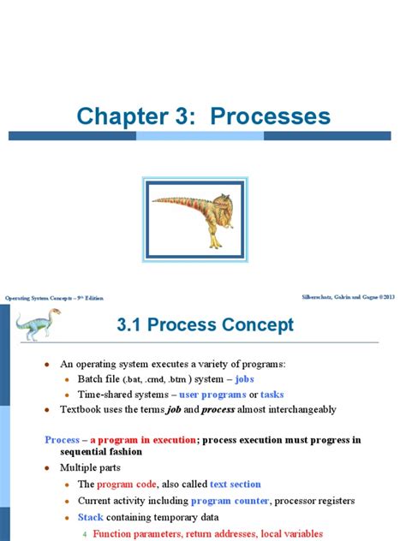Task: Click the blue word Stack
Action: click(x=91, y=517)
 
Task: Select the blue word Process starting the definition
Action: click(x=62, y=440)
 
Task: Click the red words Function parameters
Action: click(x=138, y=532)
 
